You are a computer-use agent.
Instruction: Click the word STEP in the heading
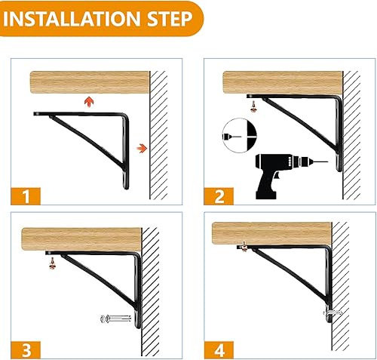[168, 19]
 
